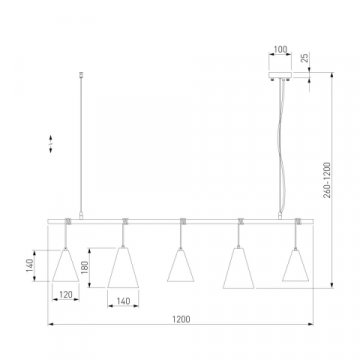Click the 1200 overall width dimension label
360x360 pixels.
pos(182,319)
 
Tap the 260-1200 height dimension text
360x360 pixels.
pos(327,180)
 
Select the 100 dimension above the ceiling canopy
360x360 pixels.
pos(280,50)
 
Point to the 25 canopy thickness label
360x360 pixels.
pos(305,58)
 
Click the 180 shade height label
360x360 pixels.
pos(85,267)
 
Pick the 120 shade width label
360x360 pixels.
pos(66,295)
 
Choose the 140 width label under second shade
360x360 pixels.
pos(123,301)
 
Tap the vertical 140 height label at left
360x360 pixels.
pos(30,266)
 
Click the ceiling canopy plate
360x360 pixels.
pos(280,75)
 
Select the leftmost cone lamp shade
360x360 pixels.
pos(66,265)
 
